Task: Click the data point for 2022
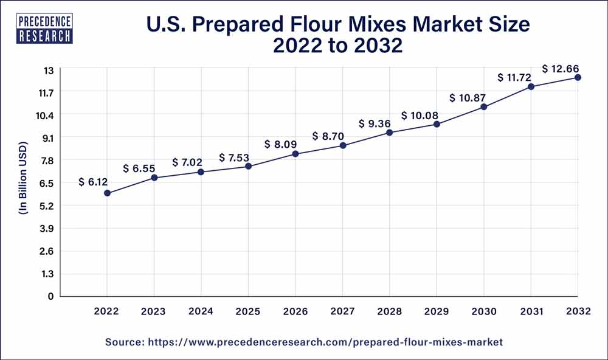pyautogui.click(x=107, y=193)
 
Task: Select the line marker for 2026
pyautogui.click(x=295, y=154)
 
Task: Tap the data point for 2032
pyautogui.click(x=578, y=77)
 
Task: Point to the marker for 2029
pyautogui.click(x=437, y=124)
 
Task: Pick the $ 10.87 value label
pyautogui.click(x=468, y=97)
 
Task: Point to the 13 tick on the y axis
pyautogui.click(x=49, y=70)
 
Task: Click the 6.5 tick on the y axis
pyautogui.click(x=47, y=183)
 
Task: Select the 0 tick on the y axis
pyautogui.click(x=51, y=296)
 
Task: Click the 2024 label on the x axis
pyautogui.click(x=201, y=311)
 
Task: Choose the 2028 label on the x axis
pyautogui.click(x=390, y=311)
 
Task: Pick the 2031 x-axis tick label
pyautogui.click(x=531, y=311)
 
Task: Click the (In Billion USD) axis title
pyautogui.click(x=23, y=183)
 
